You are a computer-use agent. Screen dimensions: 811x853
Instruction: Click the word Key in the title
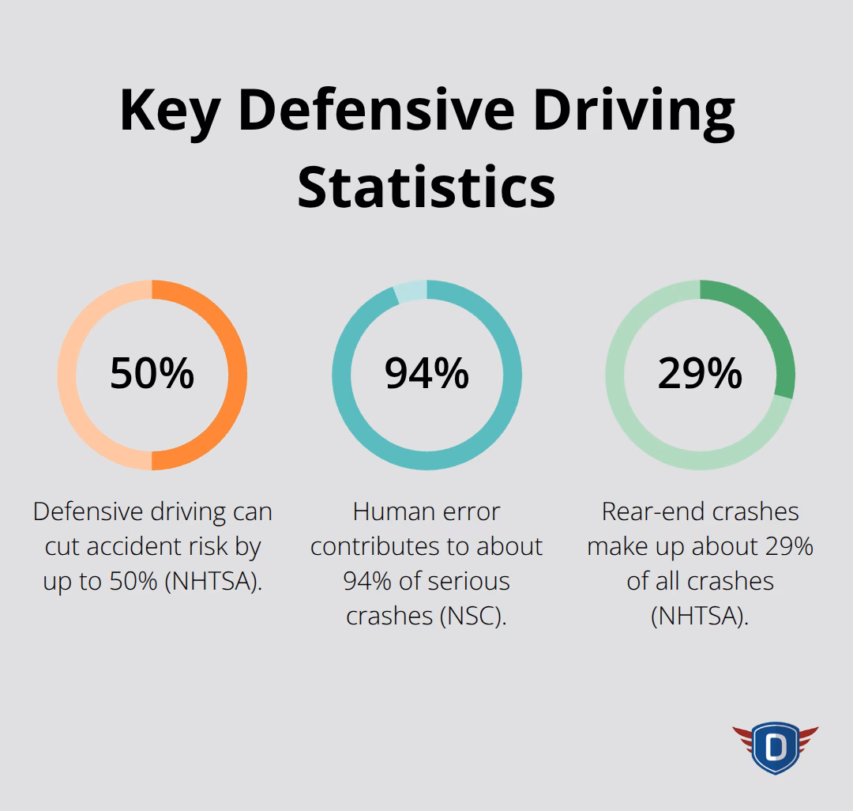point(168,111)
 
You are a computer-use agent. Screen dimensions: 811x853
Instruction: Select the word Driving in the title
point(633,111)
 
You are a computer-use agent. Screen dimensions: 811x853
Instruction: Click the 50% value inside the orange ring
point(152,374)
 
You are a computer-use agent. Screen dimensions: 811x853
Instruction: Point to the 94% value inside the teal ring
point(426,374)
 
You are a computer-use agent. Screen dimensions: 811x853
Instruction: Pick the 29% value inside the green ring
point(700,374)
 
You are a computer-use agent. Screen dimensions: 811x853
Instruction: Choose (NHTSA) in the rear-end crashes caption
point(700,616)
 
